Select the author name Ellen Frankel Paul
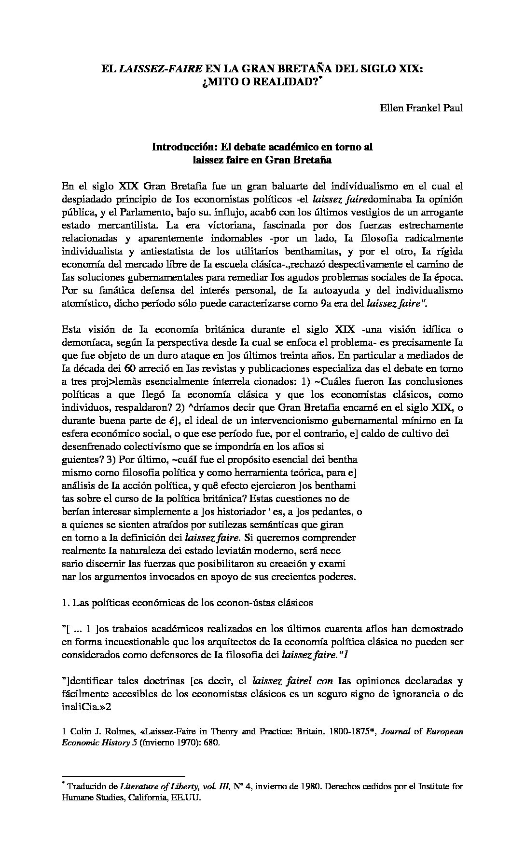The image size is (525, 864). [422, 108]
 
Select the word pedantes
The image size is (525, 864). [334, 511]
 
